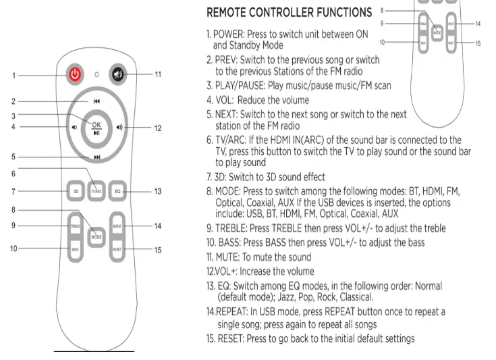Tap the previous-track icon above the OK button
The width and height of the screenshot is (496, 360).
click(97, 101)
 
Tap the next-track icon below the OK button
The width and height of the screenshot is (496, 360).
click(97, 157)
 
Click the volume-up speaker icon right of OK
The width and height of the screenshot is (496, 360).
click(119, 127)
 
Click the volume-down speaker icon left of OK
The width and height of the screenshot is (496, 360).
click(73, 127)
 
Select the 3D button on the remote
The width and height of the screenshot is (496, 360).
click(76, 192)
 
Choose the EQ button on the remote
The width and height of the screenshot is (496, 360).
click(117, 192)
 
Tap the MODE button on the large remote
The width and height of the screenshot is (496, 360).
click(97, 236)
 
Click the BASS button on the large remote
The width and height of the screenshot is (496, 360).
click(76, 249)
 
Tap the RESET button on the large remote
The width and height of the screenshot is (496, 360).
click(117, 249)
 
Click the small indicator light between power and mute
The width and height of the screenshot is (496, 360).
click(97, 74)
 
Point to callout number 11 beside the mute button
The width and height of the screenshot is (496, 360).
click(157, 74)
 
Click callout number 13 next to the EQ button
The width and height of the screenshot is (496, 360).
click(157, 192)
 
